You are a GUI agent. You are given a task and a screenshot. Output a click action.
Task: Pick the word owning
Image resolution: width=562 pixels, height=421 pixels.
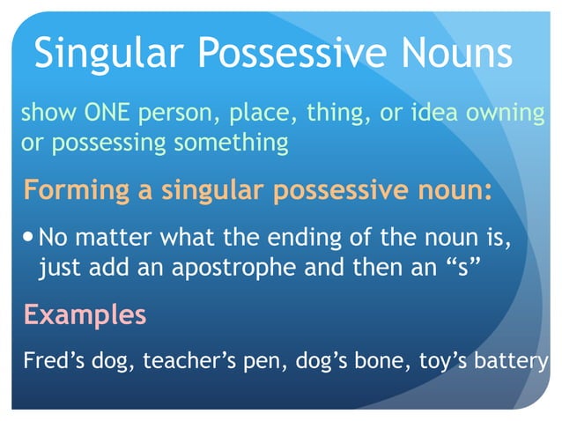tap(507, 114)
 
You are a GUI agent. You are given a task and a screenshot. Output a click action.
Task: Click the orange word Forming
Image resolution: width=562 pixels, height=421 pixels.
tap(73, 190)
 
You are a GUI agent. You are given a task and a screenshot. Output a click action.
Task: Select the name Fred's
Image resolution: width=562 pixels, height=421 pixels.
tap(49, 360)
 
